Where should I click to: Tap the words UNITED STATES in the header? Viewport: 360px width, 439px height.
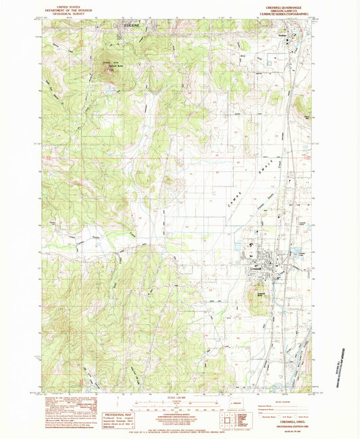point(68,4)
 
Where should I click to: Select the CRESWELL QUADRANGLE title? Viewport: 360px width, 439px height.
point(292,4)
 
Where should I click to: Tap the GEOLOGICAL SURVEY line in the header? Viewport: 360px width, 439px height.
point(68,14)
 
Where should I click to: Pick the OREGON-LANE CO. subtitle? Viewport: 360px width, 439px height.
point(292,9)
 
